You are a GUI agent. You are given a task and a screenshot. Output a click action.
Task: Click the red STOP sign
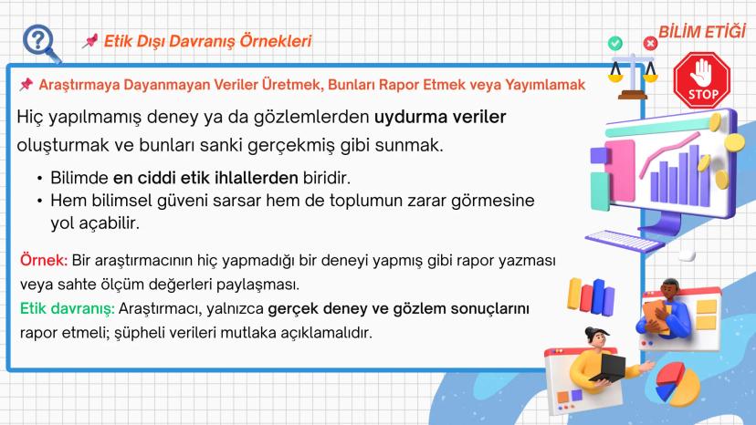[701, 80]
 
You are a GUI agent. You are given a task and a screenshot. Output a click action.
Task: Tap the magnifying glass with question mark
[41, 44]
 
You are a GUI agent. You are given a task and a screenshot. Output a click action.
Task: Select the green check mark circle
[614, 44]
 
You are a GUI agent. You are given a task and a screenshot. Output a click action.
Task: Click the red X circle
[650, 44]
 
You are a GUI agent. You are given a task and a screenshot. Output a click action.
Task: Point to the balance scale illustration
[633, 77]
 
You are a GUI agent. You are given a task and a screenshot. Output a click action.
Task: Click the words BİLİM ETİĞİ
[702, 32]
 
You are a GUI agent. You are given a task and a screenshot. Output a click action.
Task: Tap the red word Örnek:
[44, 260]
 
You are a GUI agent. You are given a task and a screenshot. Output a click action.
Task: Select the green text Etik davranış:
[67, 308]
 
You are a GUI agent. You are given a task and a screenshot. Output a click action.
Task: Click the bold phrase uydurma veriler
[440, 117]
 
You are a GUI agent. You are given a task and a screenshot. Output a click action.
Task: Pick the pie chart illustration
[677, 384]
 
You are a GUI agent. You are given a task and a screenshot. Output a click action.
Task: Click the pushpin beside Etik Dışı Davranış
[90, 41]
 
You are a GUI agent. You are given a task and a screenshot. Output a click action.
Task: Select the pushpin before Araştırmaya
[26, 84]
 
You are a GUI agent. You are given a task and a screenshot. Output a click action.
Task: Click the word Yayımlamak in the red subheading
[545, 85]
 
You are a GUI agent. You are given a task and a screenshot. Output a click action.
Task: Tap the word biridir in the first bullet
[326, 178]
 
